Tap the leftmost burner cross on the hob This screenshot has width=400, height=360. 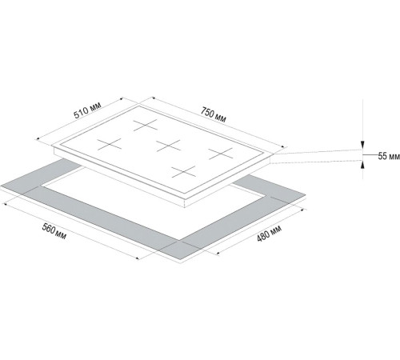tap(109, 145)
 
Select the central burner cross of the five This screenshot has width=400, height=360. tap(169, 145)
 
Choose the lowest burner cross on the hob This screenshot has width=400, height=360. tap(183, 170)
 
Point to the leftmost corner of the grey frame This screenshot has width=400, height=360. tap(2, 190)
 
